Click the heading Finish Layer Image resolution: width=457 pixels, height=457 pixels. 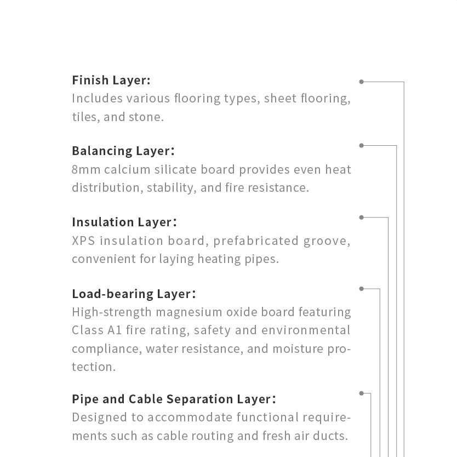coord(111,80)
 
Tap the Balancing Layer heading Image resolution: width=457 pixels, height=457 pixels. coord(123,151)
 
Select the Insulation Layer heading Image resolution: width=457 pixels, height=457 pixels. coord(124,222)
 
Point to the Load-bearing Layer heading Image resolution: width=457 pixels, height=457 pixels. coord(134,294)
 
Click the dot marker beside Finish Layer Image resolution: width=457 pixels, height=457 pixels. coord(362,82)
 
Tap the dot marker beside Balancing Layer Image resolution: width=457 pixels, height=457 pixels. coord(362,145)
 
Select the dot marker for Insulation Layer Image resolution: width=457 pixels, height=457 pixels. coord(362,218)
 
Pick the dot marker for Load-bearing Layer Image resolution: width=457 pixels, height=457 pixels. coord(362,289)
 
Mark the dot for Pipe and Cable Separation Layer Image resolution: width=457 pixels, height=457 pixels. coord(362,393)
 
